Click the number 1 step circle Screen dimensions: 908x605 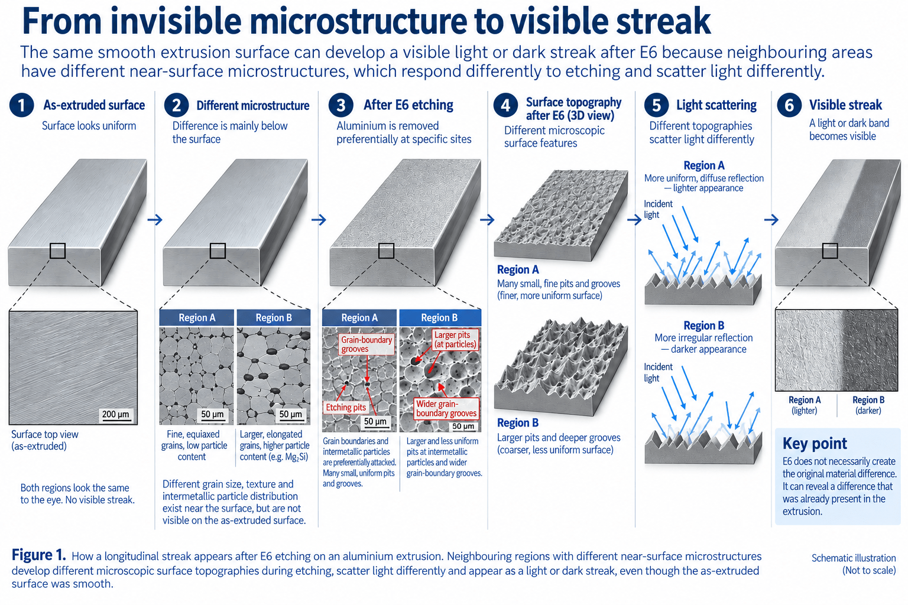21,105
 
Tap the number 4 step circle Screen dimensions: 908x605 505,105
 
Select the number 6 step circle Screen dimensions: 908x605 789,105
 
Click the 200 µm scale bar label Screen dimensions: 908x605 115,414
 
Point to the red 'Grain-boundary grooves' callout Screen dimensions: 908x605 367,344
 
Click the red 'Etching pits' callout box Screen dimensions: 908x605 346,407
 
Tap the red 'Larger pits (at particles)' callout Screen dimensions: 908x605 455,340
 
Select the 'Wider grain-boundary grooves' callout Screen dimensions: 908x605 446,408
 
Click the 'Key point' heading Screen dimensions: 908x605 815,444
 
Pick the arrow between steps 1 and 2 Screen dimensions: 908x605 155,220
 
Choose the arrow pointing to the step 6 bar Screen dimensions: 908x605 771,220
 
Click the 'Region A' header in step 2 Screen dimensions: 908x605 197,318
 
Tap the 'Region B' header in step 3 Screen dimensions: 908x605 439,318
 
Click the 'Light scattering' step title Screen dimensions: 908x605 716,105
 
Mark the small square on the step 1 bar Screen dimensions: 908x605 57,251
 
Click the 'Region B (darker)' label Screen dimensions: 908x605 868,405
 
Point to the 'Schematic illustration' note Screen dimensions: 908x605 853,558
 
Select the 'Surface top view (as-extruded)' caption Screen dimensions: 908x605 44,440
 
